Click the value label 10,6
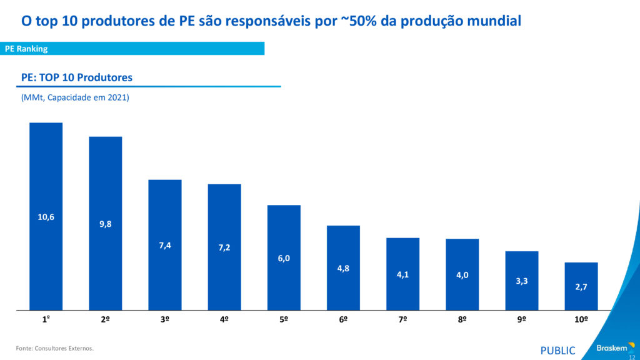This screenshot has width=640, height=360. pyautogui.click(x=46, y=217)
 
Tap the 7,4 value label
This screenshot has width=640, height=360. pyautogui.click(x=165, y=246)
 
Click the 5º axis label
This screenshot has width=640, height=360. pyautogui.click(x=284, y=319)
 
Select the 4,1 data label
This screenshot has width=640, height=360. pyautogui.click(x=402, y=274)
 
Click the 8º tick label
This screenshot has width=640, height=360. pyautogui.click(x=462, y=319)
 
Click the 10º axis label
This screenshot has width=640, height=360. pyautogui.click(x=581, y=319)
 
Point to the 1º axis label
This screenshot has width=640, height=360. pyautogui.click(x=46, y=319)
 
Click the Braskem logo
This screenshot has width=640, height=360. pyautogui.click(x=611, y=348)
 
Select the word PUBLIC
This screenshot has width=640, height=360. pyautogui.click(x=557, y=351)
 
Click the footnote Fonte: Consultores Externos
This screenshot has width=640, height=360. pyautogui.click(x=55, y=348)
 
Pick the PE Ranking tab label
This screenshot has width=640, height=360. pyautogui.click(x=26, y=49)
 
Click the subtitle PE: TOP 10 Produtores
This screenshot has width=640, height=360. pyautogui.click(x=77, y=77)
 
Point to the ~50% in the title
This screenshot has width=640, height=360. pyautogui.click(x=357, y=21)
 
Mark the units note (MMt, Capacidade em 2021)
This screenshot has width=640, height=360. pyautogui.click(x=75, y=97)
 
